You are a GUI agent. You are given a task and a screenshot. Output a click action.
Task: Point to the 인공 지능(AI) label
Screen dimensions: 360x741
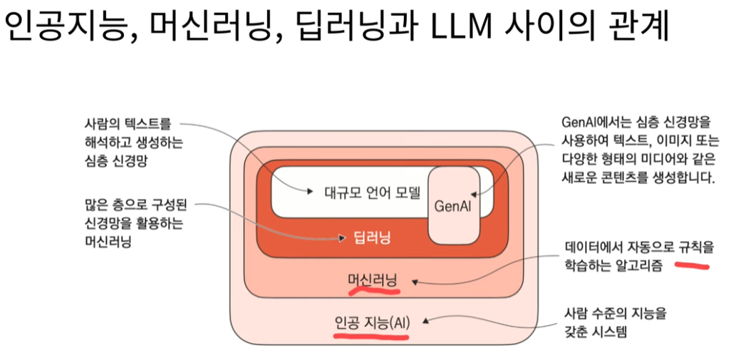[372, 322]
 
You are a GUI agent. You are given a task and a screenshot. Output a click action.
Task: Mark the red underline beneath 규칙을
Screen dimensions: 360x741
[692, 266]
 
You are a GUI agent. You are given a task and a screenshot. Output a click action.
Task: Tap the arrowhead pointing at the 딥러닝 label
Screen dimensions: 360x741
[346, 237]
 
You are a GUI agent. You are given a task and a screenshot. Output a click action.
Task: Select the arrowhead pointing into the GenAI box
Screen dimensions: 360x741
[475, 192]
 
